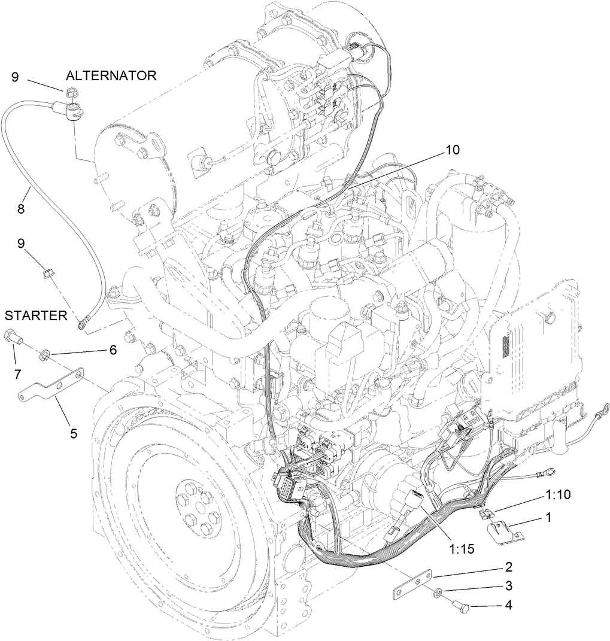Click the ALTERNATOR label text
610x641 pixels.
(111, 75)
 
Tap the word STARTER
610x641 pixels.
(36, 316)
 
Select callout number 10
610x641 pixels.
(453, 150)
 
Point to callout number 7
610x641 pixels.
(17, 374)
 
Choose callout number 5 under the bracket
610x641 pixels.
(73, 433)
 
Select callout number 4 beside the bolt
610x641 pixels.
(508, 605)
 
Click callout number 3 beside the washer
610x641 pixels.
(508, 585)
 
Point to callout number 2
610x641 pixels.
(508, 566)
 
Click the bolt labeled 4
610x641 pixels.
(462, 606)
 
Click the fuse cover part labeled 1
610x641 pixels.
(500, 531)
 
